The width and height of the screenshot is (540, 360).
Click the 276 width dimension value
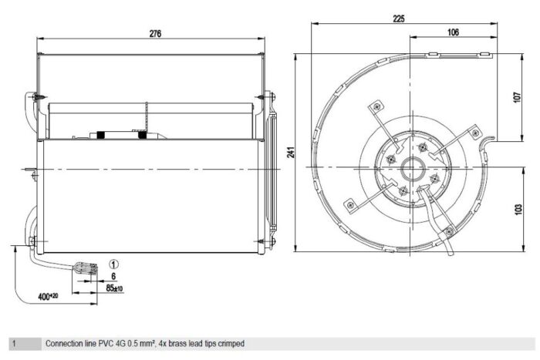[x=155, y=34]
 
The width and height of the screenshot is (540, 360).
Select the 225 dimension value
[x=399, y=19]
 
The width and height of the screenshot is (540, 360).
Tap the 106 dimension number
[x=454, y=32]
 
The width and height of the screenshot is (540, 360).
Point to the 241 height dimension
[x=292, y=152]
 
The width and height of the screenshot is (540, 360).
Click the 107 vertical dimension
[x=518, y=97]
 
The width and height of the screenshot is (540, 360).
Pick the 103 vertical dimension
[x=518, y=209]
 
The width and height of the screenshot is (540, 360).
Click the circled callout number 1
[x=113, y=264]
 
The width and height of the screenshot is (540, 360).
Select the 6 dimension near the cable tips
[x=113, y=276]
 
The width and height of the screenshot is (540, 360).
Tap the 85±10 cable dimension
[x=114, y=288]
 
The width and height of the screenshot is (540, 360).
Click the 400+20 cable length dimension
[x=48, y=296]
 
